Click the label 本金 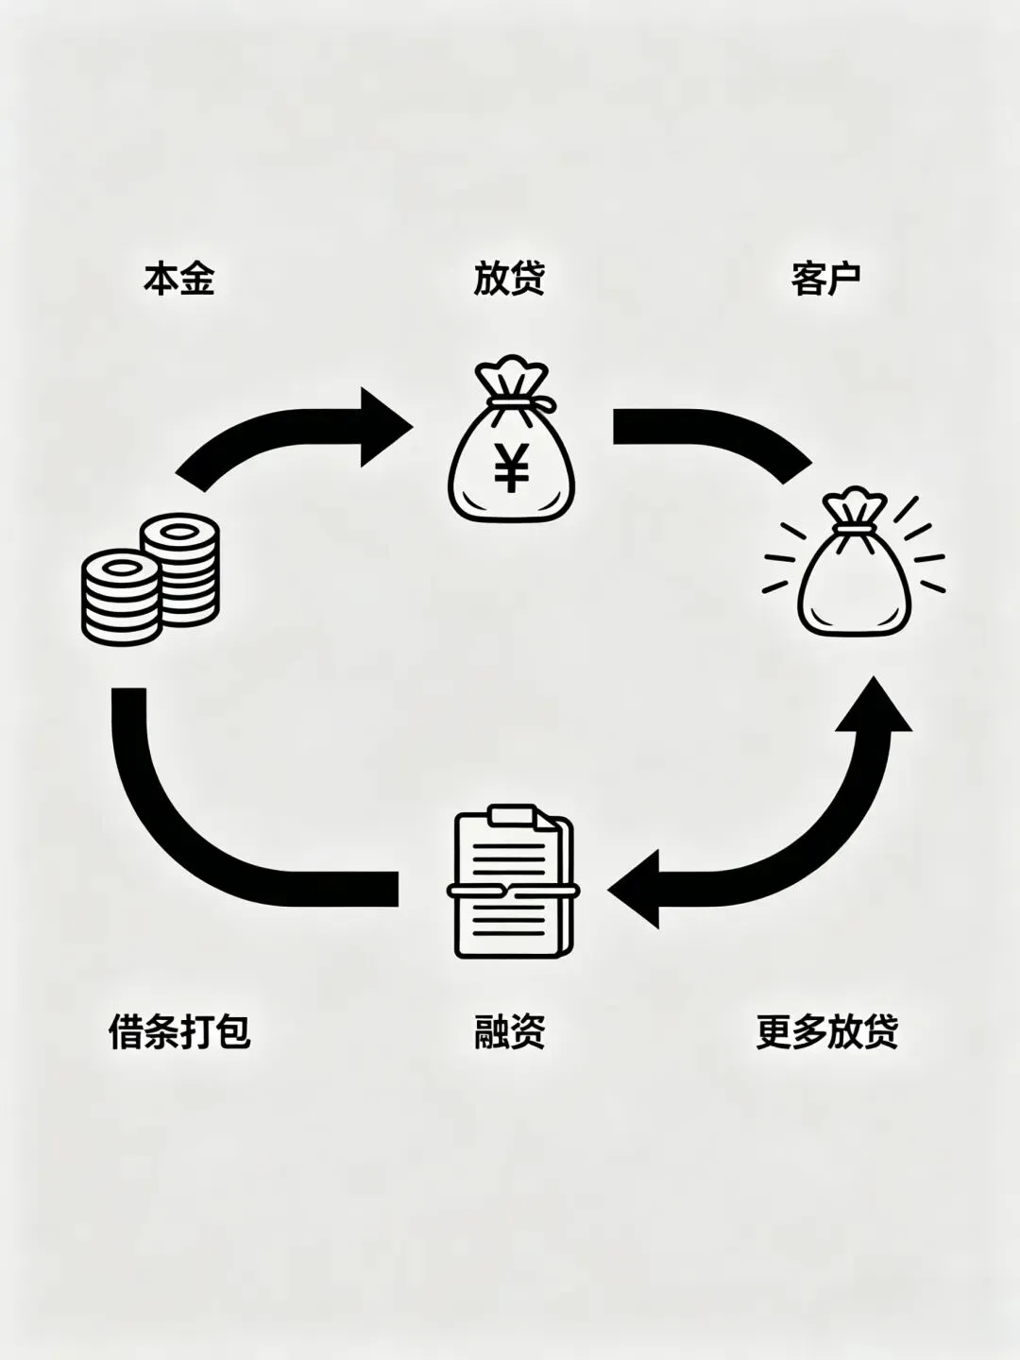[179, 280]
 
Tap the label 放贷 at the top [509, 280]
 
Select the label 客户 [825, 280]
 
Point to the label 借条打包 [179, 1031]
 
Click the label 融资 [509, 1031]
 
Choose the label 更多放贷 [826, 1031]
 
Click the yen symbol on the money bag [511, 468]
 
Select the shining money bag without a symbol [853, 576]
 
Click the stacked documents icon [511, 882]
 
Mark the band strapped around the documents [511, 891]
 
